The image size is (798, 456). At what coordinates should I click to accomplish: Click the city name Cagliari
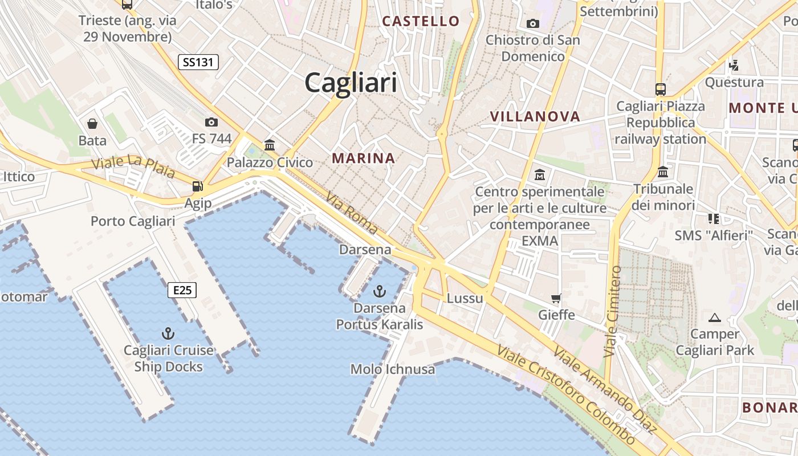click(351, 83)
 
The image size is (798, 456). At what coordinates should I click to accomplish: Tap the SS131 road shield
click(198, 62)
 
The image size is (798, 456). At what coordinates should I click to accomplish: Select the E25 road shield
click(182, 291)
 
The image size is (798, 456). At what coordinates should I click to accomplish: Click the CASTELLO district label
click(421, 22)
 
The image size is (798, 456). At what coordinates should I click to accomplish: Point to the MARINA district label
click(364, 158)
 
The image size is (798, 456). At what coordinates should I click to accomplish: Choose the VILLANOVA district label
click(535, 117)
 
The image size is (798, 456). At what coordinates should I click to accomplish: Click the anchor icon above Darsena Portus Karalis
click(379, 292)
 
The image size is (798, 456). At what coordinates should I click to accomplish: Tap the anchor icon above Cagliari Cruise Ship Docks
click(168, 333)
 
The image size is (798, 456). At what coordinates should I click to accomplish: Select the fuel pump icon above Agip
click(198, 186)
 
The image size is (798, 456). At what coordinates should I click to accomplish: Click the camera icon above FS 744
click(211, 122)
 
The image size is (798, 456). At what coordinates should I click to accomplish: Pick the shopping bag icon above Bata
click(92, 124)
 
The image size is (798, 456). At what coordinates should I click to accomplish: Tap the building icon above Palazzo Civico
click(270, 145)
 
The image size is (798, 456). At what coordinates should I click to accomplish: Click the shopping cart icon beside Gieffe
click(556, 298)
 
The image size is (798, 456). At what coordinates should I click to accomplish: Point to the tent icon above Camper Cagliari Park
click(715, 317)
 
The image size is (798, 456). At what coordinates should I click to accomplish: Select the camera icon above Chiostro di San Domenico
click(533, 23)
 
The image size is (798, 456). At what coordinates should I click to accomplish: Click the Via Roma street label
click(352, 213)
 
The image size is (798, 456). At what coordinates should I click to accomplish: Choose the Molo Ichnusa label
click(393, 369)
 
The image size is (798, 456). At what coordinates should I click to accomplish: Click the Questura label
click(734, 82)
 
